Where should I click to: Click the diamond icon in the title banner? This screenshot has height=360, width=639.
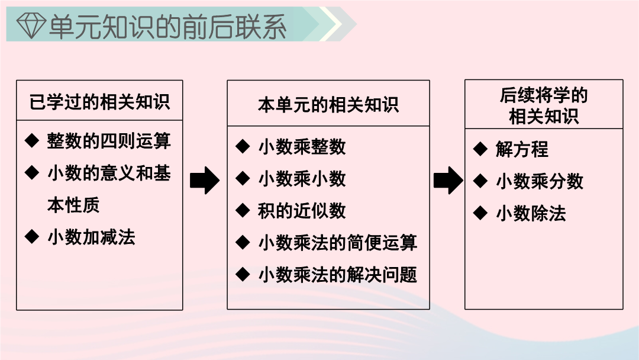tap(31, 25)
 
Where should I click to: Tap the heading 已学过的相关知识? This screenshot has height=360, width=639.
tap(99, 101)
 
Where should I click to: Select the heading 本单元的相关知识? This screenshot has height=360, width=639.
tap(328, 105)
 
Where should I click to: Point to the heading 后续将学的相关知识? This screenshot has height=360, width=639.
tap(544, 105)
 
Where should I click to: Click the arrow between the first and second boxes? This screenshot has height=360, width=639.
tap(205, 180)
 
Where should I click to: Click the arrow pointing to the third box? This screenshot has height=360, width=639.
tap(448, 180)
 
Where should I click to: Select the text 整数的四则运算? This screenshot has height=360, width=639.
tap(109, 141)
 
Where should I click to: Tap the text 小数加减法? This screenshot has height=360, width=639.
tap(91, 237)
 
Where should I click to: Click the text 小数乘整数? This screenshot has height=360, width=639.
tap(302, 147)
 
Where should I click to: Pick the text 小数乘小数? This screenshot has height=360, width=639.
tap(302, 179)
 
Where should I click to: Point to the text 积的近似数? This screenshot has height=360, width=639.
tap(302, 211)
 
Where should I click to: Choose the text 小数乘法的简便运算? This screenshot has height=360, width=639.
tap(338, 243)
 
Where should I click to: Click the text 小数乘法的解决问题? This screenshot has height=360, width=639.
tap(338, 274)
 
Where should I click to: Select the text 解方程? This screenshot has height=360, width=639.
tap(522, 149)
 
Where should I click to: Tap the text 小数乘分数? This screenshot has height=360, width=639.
tap(540, 181)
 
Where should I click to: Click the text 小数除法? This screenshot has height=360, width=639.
tap(531, 213)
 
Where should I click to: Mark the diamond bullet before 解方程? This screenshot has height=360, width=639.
tap(480, 149)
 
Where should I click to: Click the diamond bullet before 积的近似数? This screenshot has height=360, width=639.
tap(243, 210)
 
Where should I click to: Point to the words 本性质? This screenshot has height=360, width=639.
tap(73, 205)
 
